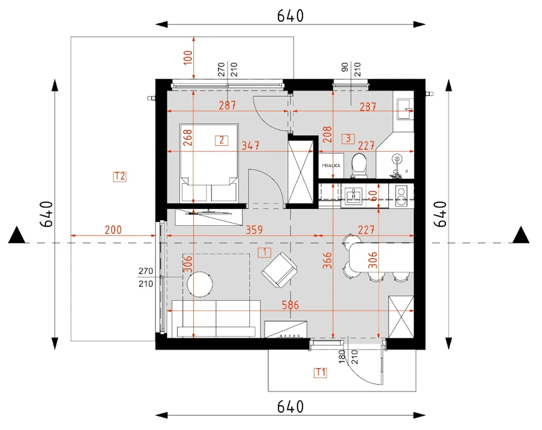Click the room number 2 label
(x=221, y=140)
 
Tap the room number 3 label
(x=348, y=139)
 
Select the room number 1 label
(x=265, y=252)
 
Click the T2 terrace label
(x=120, y=176)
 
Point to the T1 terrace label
(x=321, y=372)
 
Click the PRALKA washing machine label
(x=331, y=165)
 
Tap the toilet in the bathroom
(x=359, y=165)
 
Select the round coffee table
(x=200, y=284)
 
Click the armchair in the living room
(x=279, y=270)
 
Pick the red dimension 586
(x=290, y=305)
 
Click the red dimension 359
(x=254, y=230)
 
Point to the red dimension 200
(x=113, y=230)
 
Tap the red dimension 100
(x=188, y=58)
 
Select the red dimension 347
(x=250, y=146)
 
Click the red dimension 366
(x=328, y=261)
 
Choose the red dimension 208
(x=328, y=135)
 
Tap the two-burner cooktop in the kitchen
(x=401, y=196)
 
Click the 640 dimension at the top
(x=290, y=16)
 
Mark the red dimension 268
(x=188, y=138)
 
